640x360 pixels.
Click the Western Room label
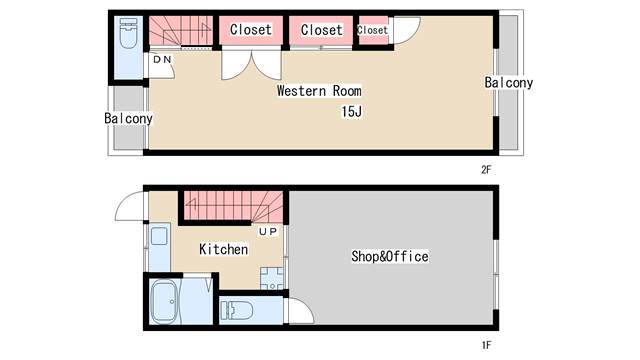(x=319, y=91)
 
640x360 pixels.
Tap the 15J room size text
(x=352, y=111)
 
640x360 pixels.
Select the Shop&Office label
(x=390, y=256)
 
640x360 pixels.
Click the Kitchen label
(x=224, y=249)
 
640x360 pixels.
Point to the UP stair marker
(x=268, y=232)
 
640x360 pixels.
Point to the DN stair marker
(x=162, y=60)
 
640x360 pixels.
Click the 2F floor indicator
(x=486, y=170)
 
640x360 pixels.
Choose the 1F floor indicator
(x=486, y=345)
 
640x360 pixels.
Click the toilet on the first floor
(x=236, y=311)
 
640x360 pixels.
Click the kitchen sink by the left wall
(x=159, y=236)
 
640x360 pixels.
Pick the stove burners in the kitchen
(x=271, y=279)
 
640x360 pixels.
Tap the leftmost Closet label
(x=251, y=29)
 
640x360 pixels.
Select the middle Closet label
(x=322, y=30)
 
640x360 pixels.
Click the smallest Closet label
(x=372, y=30)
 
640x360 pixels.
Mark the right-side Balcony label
(x=509, y=83)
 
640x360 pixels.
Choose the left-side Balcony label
(x=128, y=118)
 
